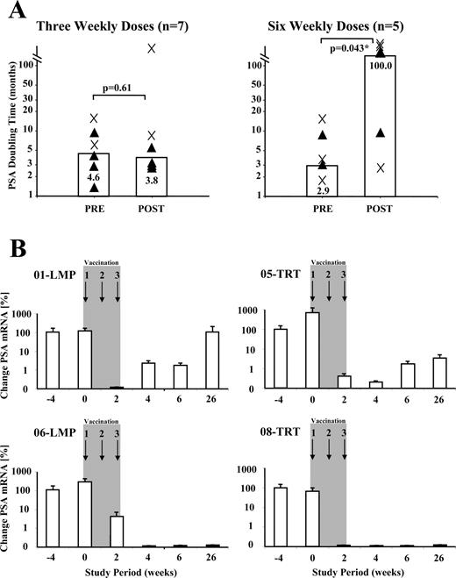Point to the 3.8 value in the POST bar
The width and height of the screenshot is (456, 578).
click(152, 180)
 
